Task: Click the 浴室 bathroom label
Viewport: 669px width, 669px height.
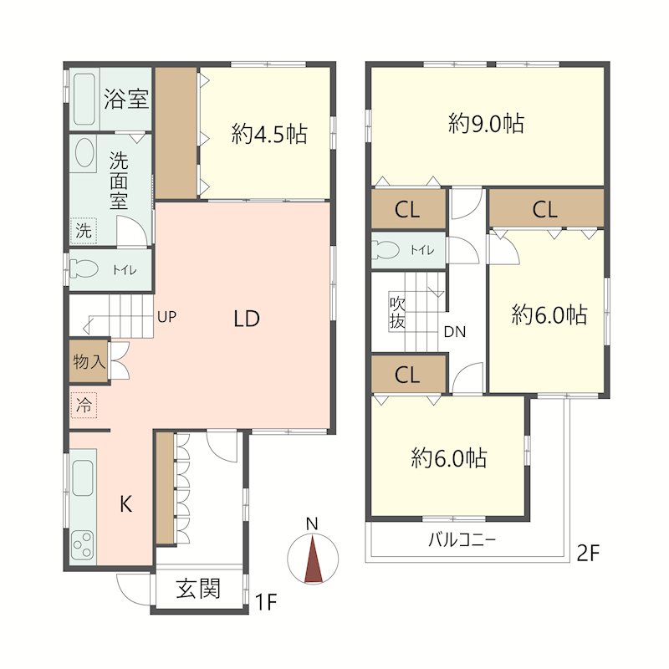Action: point(126,99)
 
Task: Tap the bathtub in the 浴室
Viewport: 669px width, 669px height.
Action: point(84,99)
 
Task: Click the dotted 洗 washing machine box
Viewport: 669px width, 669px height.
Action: point(84,231)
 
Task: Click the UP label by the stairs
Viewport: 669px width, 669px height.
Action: point(166,317)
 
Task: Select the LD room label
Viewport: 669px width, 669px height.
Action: point(247,319)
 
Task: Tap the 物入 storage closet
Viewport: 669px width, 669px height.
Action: point(89,361)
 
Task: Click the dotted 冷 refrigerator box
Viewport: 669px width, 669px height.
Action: point(84,405)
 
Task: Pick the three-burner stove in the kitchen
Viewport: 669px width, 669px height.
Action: point(83,545)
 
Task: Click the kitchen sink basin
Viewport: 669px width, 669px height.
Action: point(83,478)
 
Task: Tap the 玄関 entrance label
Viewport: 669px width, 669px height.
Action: point(198,589)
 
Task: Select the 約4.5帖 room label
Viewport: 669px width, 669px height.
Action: point(269,134)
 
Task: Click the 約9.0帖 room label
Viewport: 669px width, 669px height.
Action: point(487,123)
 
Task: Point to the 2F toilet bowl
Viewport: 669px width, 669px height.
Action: point(386,249)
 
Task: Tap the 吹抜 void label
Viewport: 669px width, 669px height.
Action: point(396,313)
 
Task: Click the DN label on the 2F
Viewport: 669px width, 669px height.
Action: point(455,331)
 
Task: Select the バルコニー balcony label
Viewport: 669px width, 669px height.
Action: point(462,540)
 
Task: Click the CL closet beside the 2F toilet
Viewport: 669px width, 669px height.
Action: point(408,210)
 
